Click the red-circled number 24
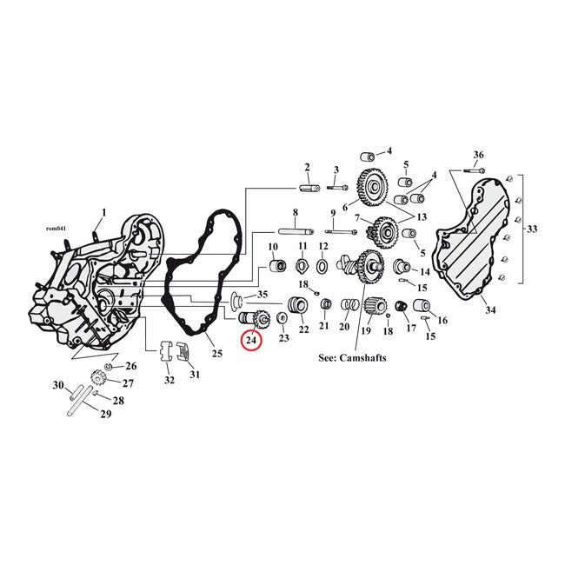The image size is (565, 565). click(x=251, y=342)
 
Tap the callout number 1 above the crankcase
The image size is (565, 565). click(x=103, y=212)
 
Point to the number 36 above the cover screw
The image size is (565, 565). click(x=477, y=155)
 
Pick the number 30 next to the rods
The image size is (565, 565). click(x=59, y=385)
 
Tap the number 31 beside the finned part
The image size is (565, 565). click(x=194, y=374)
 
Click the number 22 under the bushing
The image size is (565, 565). click(x=303, y=329)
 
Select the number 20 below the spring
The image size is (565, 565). click(x=344, y=328)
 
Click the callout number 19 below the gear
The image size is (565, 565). click(x=366, y=330)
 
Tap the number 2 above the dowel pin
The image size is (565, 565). click(x=307, y=167)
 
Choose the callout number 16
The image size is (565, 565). click(x=442, y=320)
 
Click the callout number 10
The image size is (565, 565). click(x=272, y=247)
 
